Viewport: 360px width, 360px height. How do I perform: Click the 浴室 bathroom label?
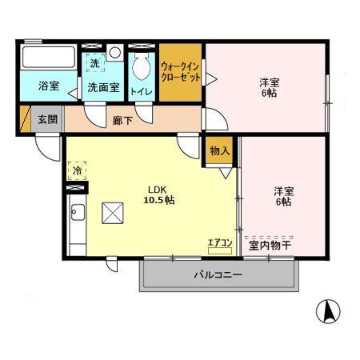pyautogui.click(x=48, y=86)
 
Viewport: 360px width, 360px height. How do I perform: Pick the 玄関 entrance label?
pyautogui.click(x=47, y=120)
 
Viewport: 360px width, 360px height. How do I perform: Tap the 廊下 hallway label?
pyautogui.click(x=123, y=121)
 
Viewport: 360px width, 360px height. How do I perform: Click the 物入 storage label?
pyautogui.click(x=219, y=150)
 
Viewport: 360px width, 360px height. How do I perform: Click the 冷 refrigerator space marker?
pyautogui.click(x=78, y=170)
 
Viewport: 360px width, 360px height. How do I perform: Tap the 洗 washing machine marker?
pyautogui.click(x=94, y=62)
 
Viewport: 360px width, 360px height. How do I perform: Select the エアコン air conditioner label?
pyautogui.click(x=219, y=242)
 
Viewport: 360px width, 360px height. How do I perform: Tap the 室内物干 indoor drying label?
pyautogui.click(x=270, y=246)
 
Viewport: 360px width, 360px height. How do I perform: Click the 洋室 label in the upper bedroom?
pyautogui.click(x=269, y=82)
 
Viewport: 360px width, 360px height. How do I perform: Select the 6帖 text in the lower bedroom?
pyautogui.click(x=284, y=202)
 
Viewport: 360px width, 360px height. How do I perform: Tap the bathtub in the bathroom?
pyautogui.click(x=46, y=59)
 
